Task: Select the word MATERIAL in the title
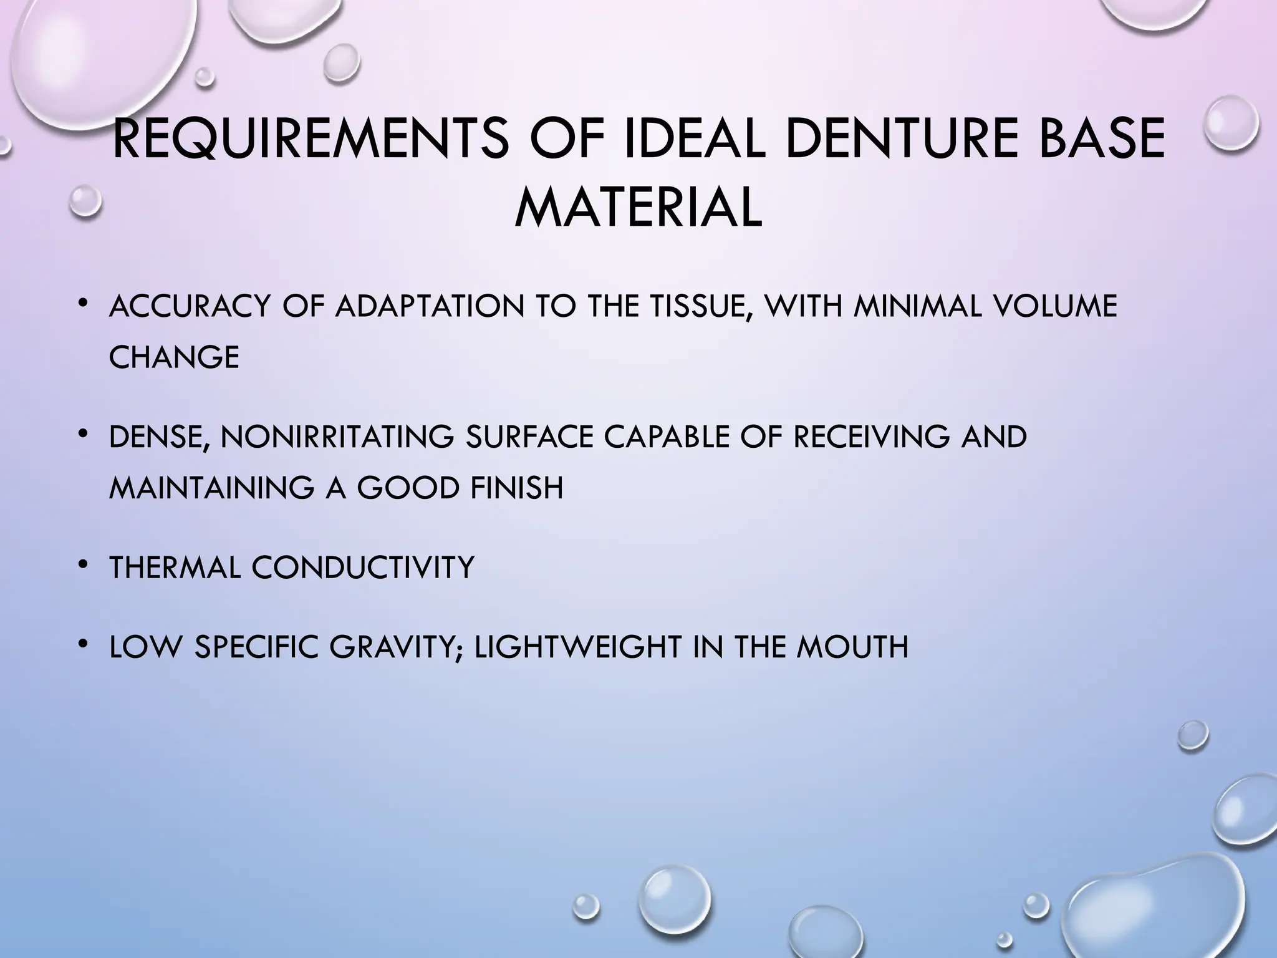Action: tap(638, 208)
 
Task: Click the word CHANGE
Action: tap(174, 357)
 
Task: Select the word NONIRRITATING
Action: tap(337, 437)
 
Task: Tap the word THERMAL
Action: tap(175, 568)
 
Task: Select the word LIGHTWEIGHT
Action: tap(577, 647)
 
